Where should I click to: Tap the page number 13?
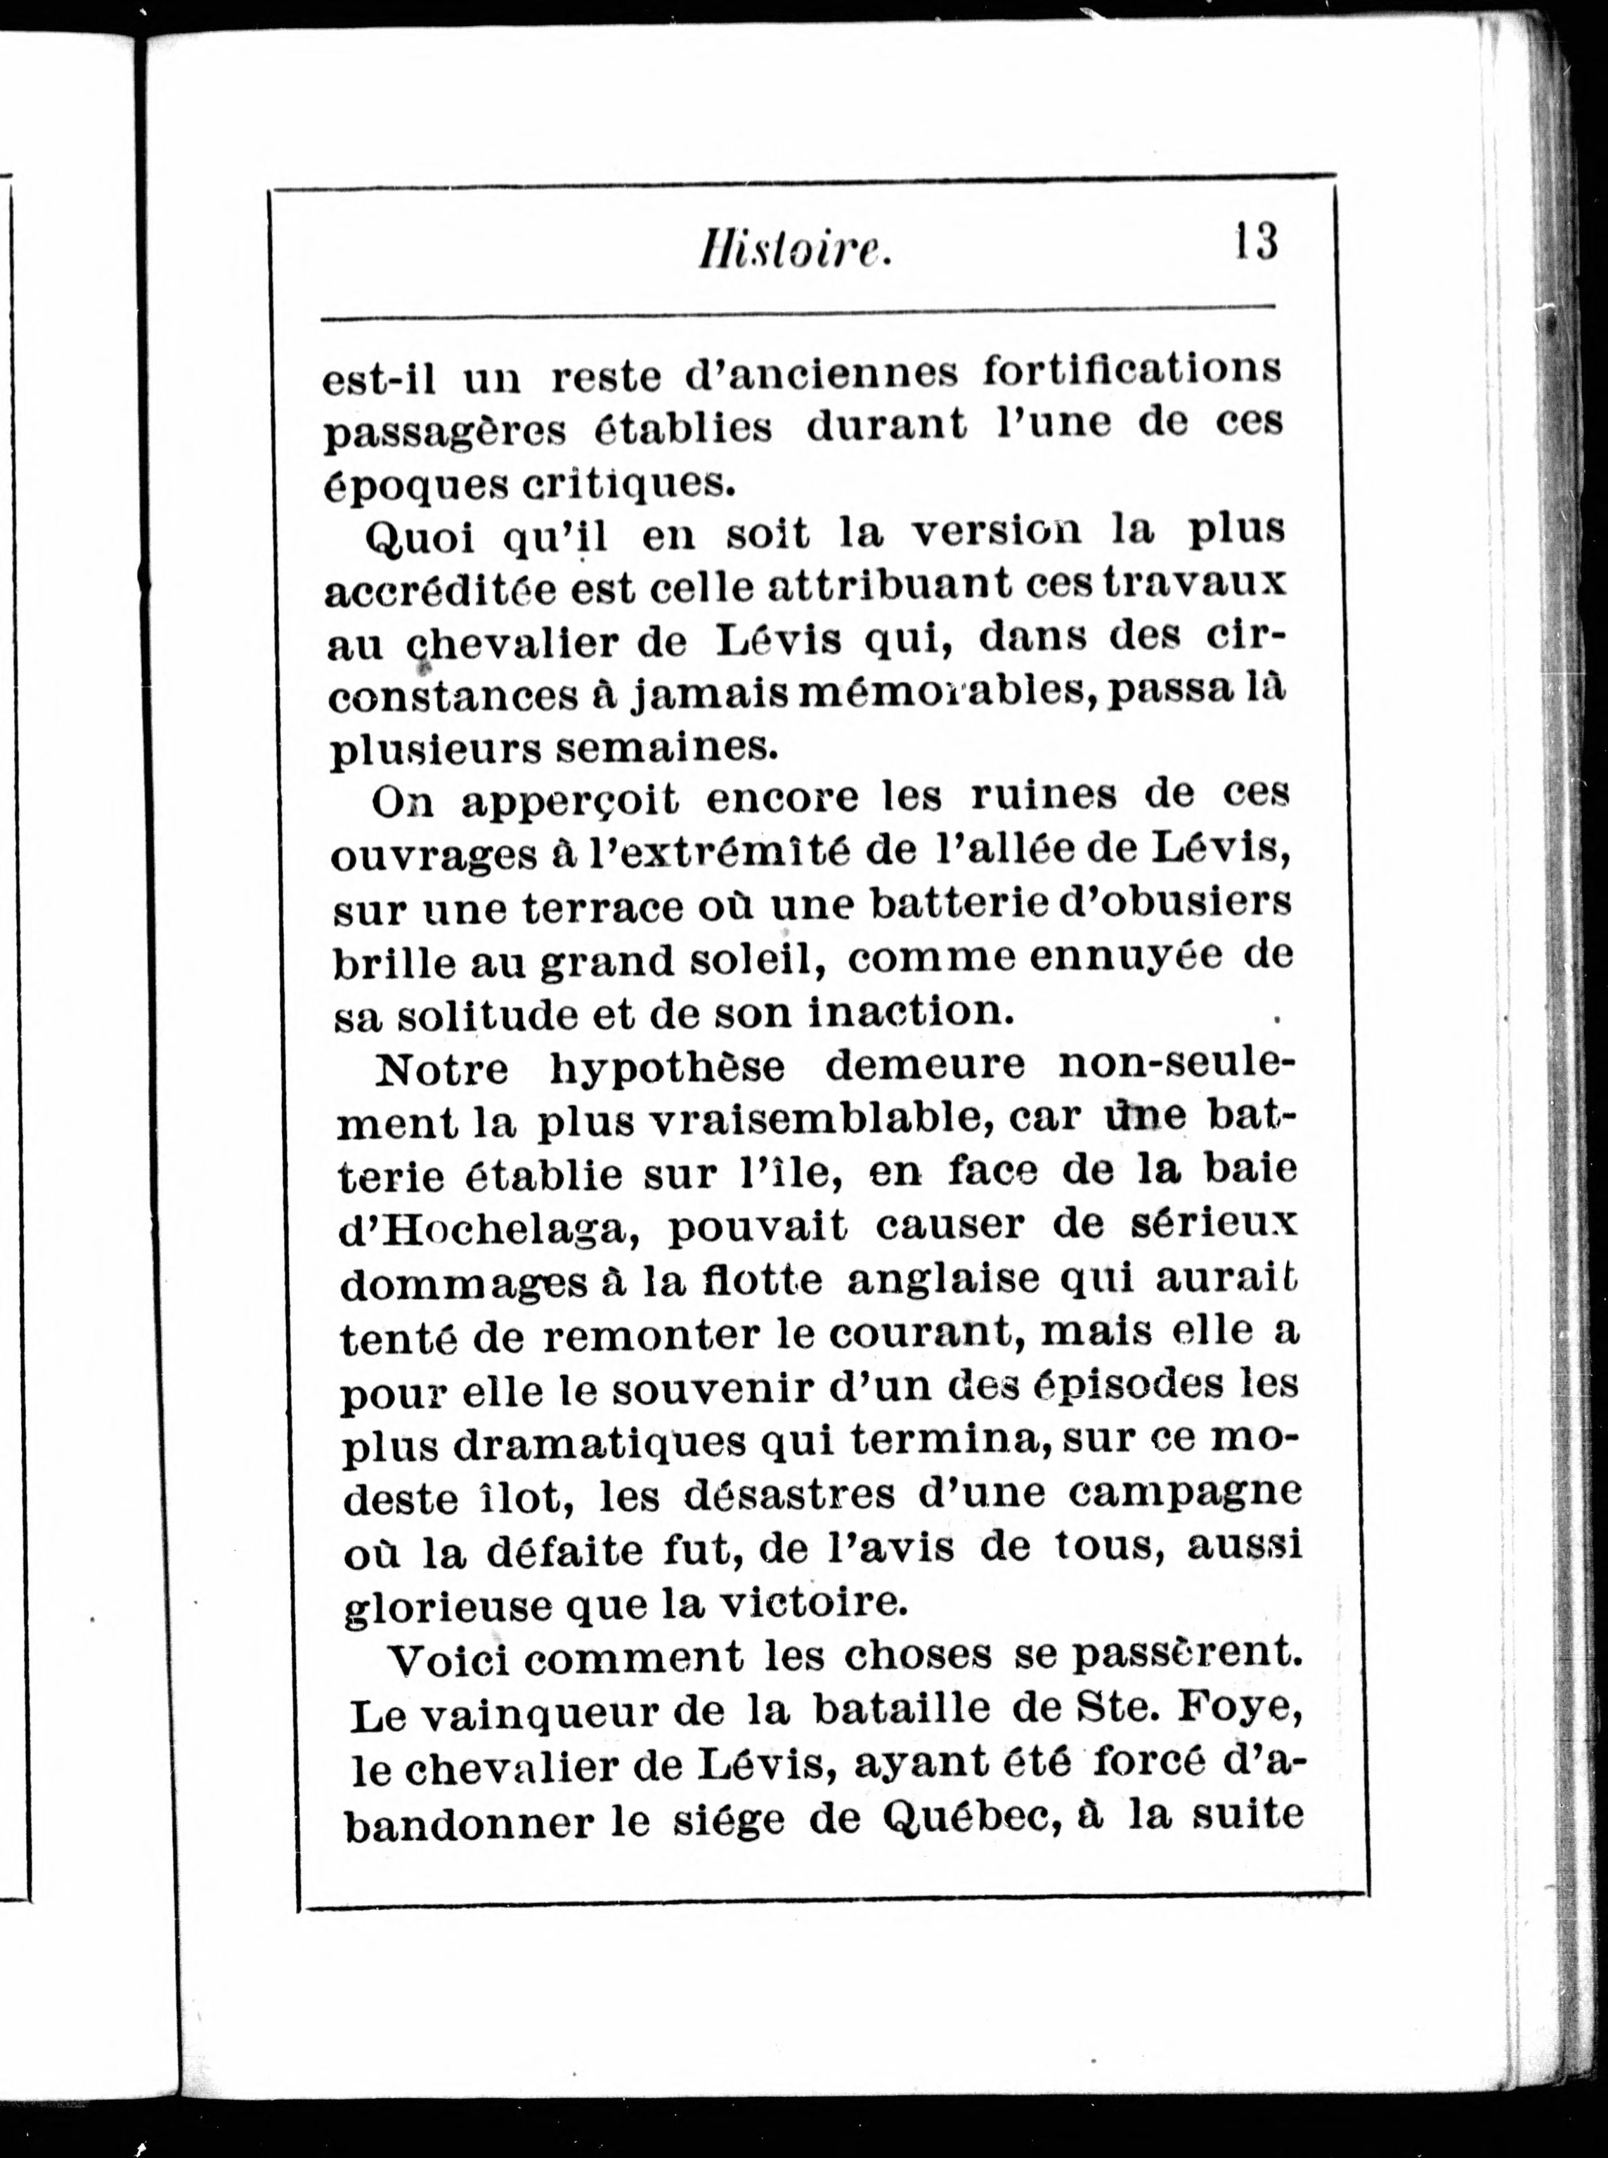tap(1256, 241)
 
